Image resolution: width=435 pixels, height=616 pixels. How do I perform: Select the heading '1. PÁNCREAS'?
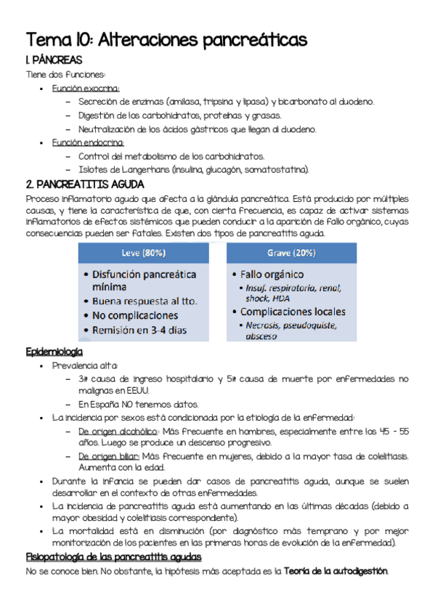coord(54,60)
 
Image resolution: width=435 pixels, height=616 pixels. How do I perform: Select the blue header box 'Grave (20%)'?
coord(292,253)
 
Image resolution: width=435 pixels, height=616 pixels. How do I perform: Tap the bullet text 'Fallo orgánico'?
coord(273,275)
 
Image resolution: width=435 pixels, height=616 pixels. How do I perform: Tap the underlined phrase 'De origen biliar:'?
coord(109,455)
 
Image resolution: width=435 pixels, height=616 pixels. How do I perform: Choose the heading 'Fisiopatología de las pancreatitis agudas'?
coord(113,556)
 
